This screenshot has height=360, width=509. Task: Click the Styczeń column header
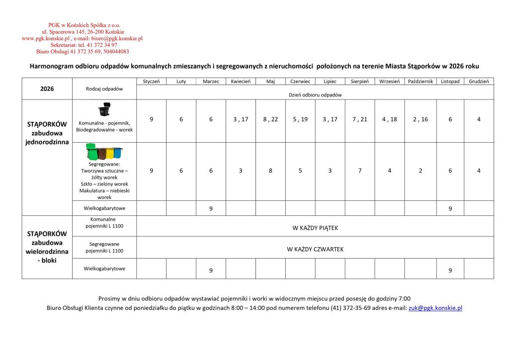(151, 81)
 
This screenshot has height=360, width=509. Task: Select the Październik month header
(421, 81)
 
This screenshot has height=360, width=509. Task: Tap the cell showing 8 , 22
(270, 119)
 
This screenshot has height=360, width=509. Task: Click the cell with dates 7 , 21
(360, 119)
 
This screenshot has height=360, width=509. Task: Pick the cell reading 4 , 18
(390, 119)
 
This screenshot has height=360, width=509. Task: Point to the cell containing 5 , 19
(300, 119)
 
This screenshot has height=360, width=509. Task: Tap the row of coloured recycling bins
(104, 151)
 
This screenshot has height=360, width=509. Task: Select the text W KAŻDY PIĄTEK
(315, 228)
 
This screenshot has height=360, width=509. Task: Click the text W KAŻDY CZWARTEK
(315, 249)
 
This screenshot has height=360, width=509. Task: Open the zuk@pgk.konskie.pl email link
(435, 308)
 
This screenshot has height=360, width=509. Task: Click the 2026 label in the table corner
(47, 89)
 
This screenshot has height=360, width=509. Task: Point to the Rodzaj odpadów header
(104, 89)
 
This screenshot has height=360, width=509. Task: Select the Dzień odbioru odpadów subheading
(315, 94)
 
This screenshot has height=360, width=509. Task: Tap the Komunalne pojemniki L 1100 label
(104, 223)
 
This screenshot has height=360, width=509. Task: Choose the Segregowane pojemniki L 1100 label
(104, 247)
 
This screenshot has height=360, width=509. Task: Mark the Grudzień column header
(479, 81)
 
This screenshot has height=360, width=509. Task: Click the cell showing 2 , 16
(421, 119)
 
